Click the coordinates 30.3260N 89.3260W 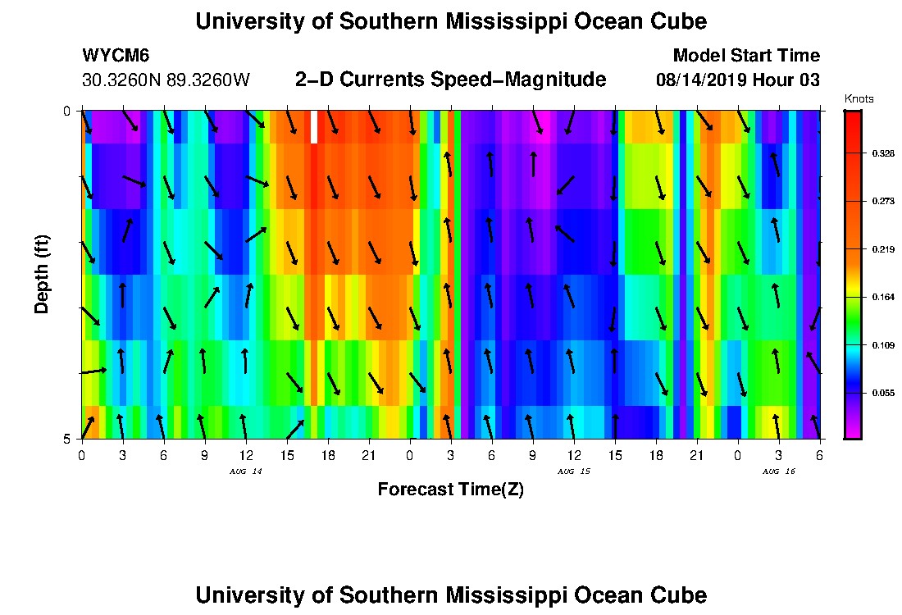pyautogui.click(x=166, y=80)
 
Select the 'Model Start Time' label pyautogui.click(x=745, y=56)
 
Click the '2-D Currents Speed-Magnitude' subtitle pyautogui.click(x=450, y=80)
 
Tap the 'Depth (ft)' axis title pyautogui.click(x=42, y=274)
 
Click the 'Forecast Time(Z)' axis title pyautogui.click(x=450, y=490)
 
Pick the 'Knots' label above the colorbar pyautogui.click(x=859, y=98)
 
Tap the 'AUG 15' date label pyautogui.click(x=573, y=471)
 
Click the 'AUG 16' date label pyautogui.click(x=778, y=471)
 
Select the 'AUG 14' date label pyautogui.click(x=245, y=471)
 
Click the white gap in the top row pyautogui.click(x=313, y=126)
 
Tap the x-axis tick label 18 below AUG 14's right pyautogui.click(x=328, y=455)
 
